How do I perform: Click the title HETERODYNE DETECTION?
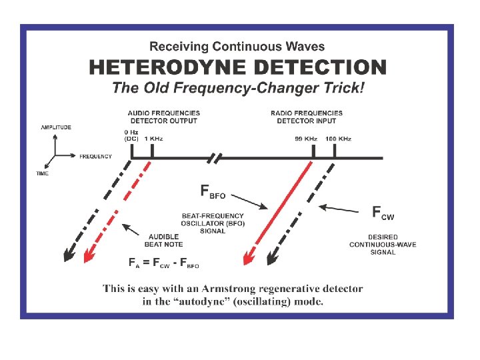pyautogui.click(x=237, y=67)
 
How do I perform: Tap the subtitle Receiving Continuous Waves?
pyautogui.click(x=237, y=47)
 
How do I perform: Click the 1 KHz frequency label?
pyautogui.click(x=153, y=139)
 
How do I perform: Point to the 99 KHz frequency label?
pyautogui.click(x=306, y=139)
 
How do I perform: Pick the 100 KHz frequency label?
pyautogui.click(x=338, y=139)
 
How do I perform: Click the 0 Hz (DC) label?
pyautogui.click(x=131, y=136)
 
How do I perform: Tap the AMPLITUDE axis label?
pyautogui.click(x=56, y=127)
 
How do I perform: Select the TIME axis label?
pyautogui.click(x=42, y=173)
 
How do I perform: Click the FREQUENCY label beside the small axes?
pyautogui.click(x=95, y=157)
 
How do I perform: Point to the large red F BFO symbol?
pyautogui.click(x=213, y=192)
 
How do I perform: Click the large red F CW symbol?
pyautogui.click(x=383, y=213)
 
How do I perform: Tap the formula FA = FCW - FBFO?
pyautogui.click(x=164, y=263)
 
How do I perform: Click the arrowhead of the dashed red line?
pyautogui.click(x=89, y=255)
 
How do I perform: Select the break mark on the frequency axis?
pyautogui.click(x=216, y=158)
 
